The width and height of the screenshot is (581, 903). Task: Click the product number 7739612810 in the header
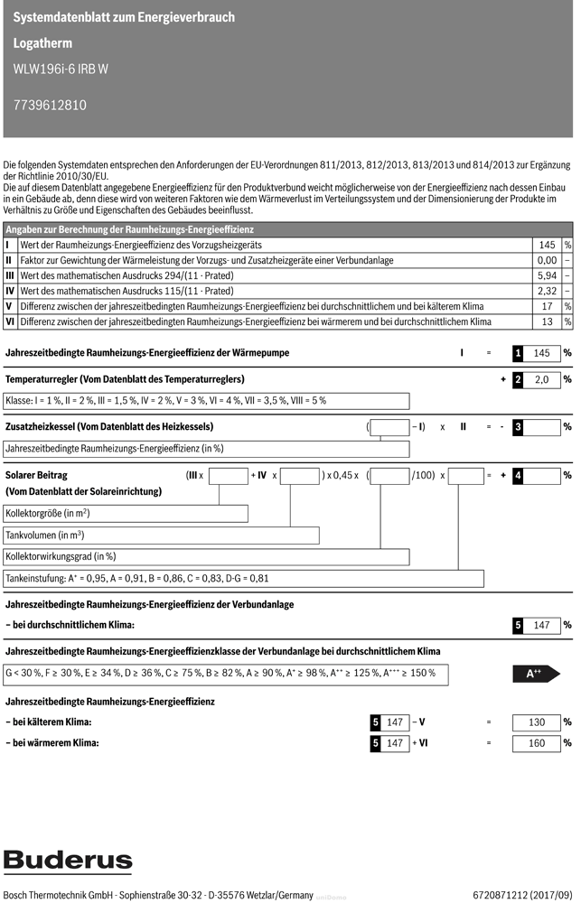(51, 105)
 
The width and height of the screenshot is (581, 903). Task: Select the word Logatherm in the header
(42, 42)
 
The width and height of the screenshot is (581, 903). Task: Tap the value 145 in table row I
(547, 245)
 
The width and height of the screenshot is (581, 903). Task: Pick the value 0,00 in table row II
(547, 260)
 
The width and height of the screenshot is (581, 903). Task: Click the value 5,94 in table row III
(547, 275)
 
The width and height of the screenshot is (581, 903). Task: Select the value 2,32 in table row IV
(547, 291)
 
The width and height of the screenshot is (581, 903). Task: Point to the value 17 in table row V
(548, 306)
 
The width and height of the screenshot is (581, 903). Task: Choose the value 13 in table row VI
(548, 321)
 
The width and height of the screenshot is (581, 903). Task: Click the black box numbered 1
(518, 353)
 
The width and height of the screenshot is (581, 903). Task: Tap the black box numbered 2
(518, 380)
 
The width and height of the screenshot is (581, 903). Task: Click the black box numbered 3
(518, 426)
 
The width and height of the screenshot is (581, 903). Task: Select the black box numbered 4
(518, 475)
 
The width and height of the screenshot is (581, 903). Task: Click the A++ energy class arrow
(535, 673)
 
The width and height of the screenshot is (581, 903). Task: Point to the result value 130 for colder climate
(537, 722)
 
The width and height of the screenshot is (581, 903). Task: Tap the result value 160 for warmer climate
(537, 743)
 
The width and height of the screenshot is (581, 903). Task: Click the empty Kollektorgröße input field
(126, 513)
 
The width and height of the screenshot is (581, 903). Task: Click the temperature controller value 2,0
(542, 380)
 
